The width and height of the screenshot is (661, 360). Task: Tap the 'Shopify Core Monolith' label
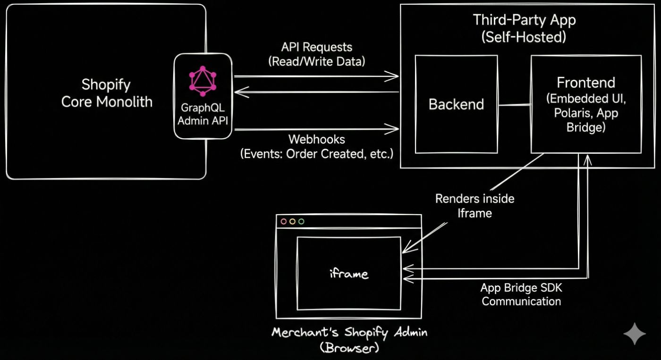point(106,93)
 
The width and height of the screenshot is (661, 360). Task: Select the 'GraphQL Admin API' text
point(203,114)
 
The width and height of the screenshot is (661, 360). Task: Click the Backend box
point(456,104)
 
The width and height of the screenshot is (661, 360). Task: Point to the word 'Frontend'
point(586,83)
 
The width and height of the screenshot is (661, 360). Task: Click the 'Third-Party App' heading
point(524,20)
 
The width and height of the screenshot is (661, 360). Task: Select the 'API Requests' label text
point(316,47)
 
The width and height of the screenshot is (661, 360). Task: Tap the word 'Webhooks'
point(316,140)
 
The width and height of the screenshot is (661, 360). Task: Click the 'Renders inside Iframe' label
point(475,206)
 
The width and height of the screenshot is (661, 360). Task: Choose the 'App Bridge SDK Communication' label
point(521,294)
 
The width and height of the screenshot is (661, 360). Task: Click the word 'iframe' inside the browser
point(349,273)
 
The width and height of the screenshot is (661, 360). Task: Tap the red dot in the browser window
point(284,221)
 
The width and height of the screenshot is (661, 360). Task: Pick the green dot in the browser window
point(301,221)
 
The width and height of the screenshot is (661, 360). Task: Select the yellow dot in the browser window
point(292,221)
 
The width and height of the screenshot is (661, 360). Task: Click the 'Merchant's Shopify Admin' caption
point(349,333)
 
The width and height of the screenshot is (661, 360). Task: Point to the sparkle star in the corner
point(635,334)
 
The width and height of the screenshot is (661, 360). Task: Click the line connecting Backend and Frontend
point(514,105)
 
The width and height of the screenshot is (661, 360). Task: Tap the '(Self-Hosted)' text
point(524,37)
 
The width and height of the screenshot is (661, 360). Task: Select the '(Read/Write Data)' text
point(316,61)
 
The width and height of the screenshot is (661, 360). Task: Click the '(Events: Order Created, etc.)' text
point(316,154)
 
